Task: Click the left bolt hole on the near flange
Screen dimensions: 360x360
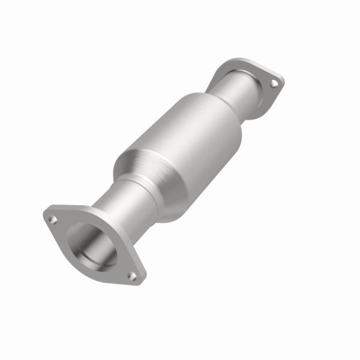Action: [53, 220]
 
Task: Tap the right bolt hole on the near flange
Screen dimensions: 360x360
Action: [133, 276]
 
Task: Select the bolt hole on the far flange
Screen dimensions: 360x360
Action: [274, 83]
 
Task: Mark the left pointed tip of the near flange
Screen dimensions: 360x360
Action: [46, 215]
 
